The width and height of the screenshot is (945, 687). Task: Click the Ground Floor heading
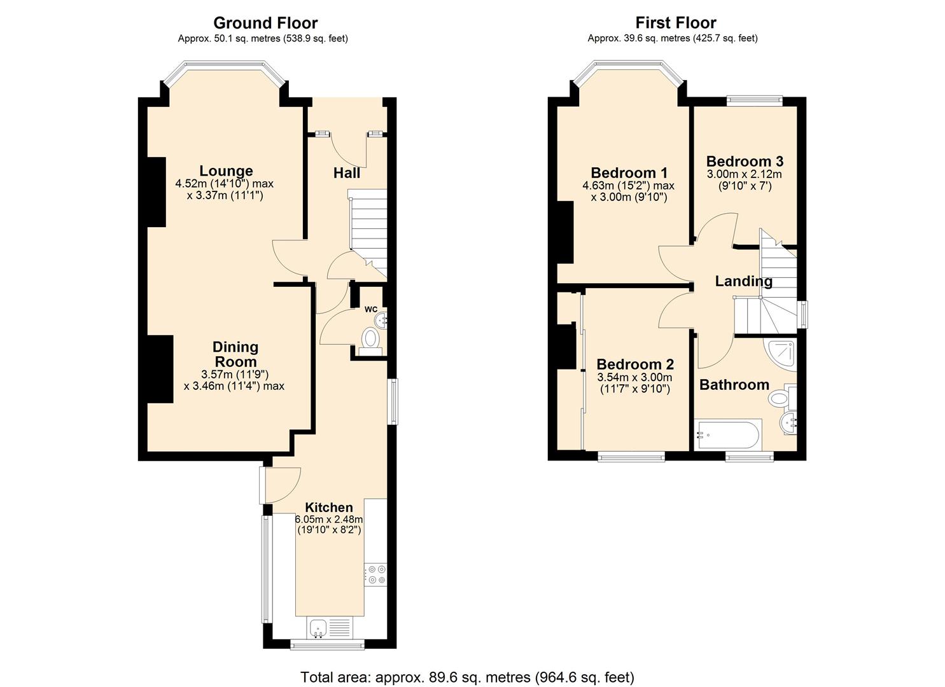[x=265, y=23]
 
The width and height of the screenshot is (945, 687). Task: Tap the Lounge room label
[x=226, y=170]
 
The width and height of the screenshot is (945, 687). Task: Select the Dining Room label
[x=235, y=354]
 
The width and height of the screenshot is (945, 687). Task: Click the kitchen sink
[x=319, y=628]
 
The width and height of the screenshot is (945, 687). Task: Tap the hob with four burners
[x=375, y=574]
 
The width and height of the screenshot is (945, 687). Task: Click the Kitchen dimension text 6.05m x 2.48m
[x=328, y=519]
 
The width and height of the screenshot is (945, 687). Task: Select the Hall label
[x=347, y=173]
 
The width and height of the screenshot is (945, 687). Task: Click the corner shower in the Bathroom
[x=782, y=354]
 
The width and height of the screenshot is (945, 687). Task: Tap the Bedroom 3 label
[x=745, y=161]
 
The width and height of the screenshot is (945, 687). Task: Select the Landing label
[x=743, y=281]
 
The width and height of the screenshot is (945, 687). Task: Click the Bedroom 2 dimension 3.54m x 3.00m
[x=634, y=377]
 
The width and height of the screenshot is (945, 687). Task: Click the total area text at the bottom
[x=467, y=677]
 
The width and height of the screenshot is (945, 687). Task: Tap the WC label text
[x=371, y=309]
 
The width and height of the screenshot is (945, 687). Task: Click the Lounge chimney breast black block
[x=157, y=191]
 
